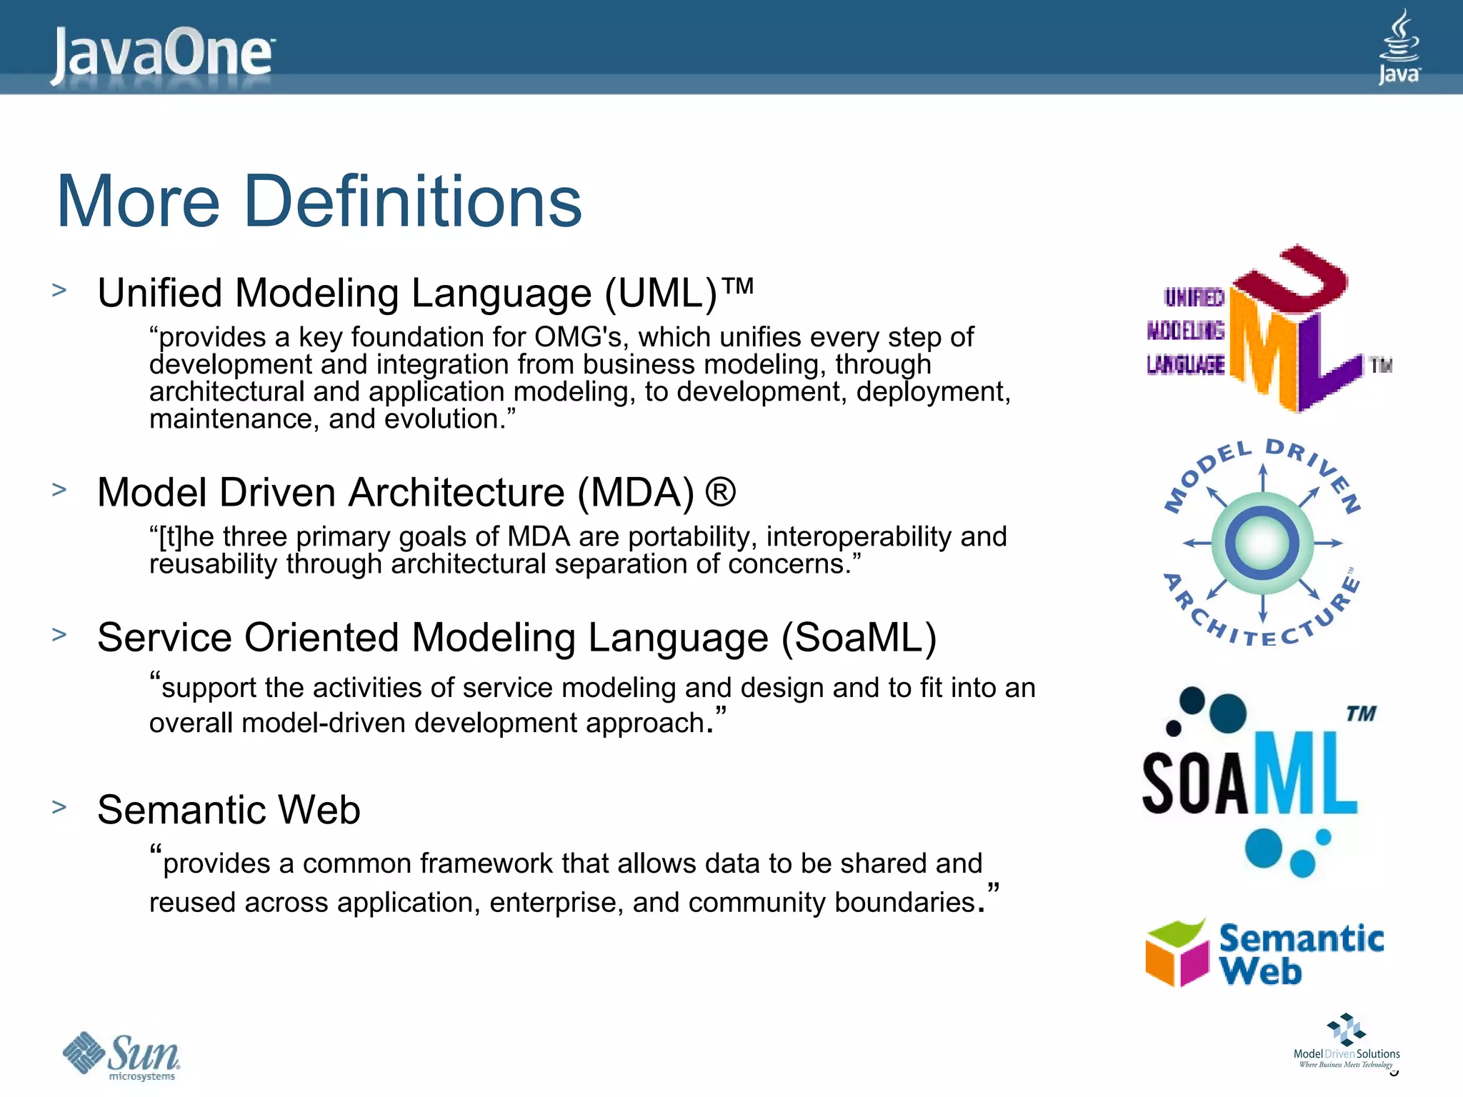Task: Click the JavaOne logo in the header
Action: (162, 56)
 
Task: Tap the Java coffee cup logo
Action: (1399, 46)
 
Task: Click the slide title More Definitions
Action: (319, 201)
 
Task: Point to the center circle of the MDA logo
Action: (1262, 544)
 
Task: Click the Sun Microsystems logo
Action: (121, 1056)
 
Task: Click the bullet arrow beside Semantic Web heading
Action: (59, 807)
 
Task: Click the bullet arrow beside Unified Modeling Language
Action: (59, 290)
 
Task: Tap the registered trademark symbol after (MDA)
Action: (720, 492)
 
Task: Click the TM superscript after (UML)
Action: (738, 286)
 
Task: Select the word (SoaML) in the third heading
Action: (859, 637)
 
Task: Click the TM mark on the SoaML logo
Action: (1361, 713)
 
